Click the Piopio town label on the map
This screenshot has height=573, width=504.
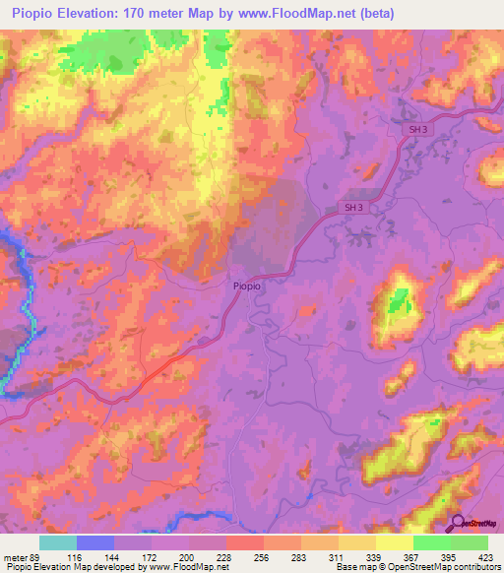tap(247, 285)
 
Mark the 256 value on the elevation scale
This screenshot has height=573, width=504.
tap(263, 557)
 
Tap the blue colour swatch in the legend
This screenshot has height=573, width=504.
tap(94, 542)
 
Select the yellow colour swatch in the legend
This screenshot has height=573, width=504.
tap(394, 542)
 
